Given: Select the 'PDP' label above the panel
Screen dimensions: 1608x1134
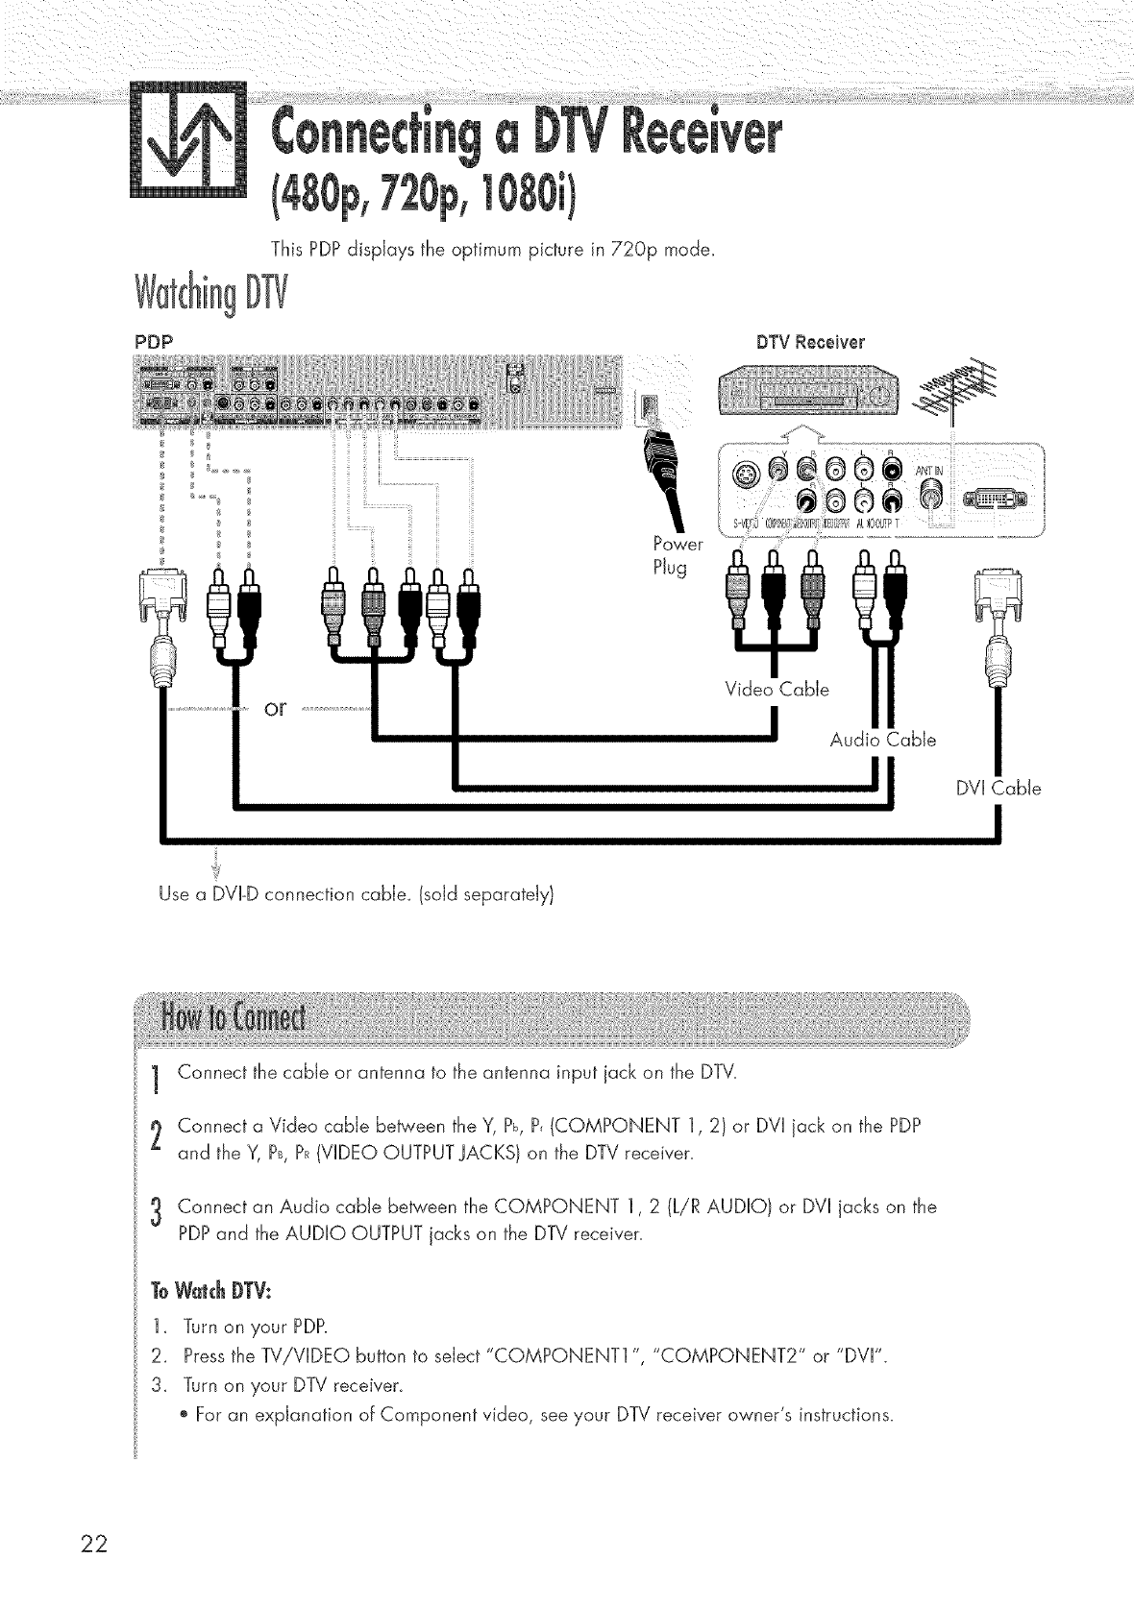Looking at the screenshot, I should (x=154, y=342).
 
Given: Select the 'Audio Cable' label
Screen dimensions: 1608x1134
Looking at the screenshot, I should (x=882, y=740).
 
